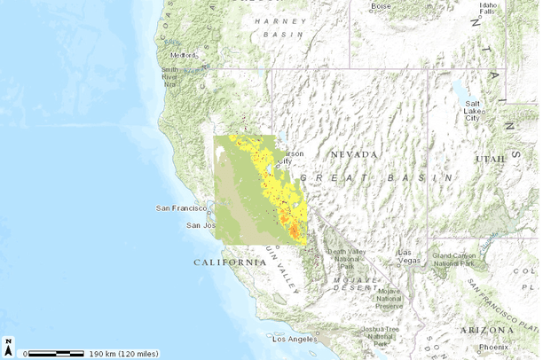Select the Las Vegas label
click(x=409, y=255)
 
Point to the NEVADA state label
click(x=354, y=154)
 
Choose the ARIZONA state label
click(x=487, y=329)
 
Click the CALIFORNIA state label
click(x=230, y=262)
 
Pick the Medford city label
click(x=183, y=54)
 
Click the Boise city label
click(x=380, y=6)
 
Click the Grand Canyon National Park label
click(x=460, y=259)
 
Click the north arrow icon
click(x=9, y=345)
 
